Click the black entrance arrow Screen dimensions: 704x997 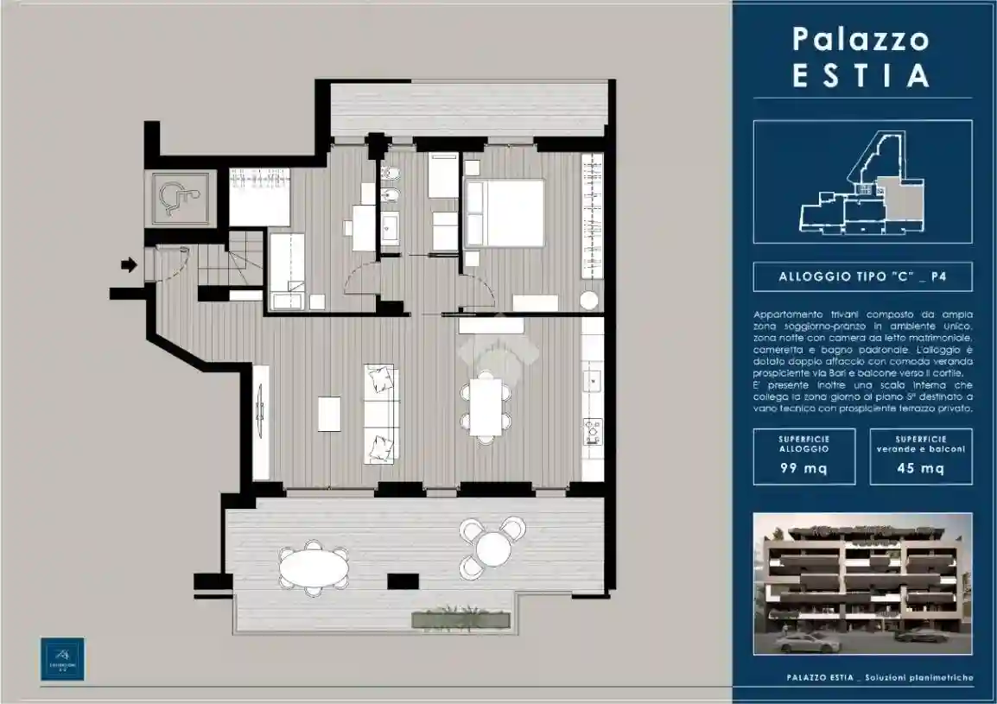129,265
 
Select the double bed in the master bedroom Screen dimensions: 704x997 505,212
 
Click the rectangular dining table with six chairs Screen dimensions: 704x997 486,407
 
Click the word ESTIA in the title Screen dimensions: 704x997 861,75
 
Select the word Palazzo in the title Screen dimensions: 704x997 861,39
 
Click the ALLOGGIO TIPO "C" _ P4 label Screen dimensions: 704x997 862,276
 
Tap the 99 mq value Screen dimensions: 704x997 803,469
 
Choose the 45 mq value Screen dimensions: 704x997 920,469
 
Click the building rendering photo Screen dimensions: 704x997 862,584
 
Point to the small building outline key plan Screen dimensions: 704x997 862,182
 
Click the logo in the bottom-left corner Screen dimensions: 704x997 63,659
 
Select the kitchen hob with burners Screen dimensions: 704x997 593,428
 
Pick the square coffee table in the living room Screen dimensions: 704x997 329,413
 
